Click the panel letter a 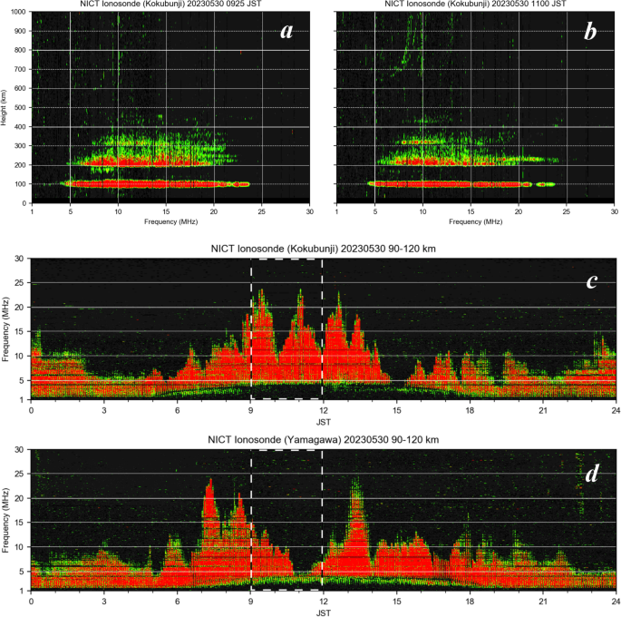[x=287, y=32]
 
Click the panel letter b [x=590, y=32]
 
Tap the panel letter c [x=590, y=280]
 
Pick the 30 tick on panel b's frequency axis [x=614, y=211]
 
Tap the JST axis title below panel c [x=323, y=420]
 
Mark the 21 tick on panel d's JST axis [x=542, y=602]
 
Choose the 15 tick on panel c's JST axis [x=396, y=410]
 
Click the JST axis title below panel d [x=323, y=612]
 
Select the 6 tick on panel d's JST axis [x=178, y=602]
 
